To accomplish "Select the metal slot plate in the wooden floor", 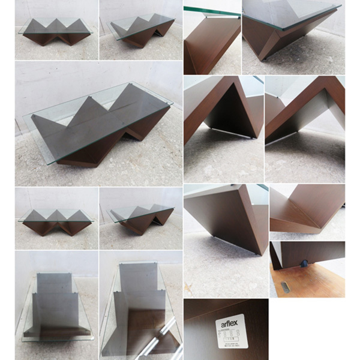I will click(x=286, y=287).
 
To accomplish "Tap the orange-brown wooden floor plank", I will click(x=312, y=282).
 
